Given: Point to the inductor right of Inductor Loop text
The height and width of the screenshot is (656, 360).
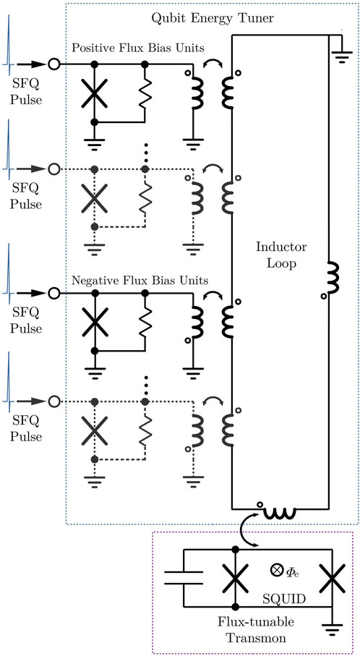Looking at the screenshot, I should [332, 279].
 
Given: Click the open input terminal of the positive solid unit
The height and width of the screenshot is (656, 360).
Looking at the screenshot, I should [53, 64].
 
